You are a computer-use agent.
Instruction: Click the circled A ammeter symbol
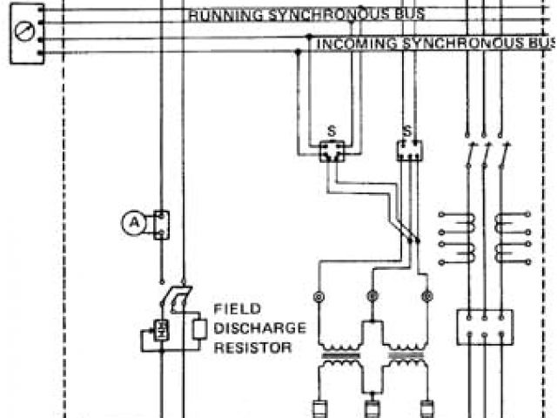pyautogui.click(x=133, y=223)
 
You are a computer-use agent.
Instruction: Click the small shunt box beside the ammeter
pyautogui.click(x=160, y=224)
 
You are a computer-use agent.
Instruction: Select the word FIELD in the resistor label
pyautogui.click(x=234, y=308)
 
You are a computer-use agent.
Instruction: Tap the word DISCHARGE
pyautogui.click(x=259, y=328)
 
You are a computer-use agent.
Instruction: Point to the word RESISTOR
pyautogui.click(x=252, y=347)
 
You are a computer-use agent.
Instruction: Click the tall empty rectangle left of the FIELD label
pyautogui.click(x=200, y=329)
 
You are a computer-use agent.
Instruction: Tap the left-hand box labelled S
pyautogui.click(x=331, y=150)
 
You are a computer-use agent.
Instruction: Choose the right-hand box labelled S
pyautogui.click(x=409, y=150)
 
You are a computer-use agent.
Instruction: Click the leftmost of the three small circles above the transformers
pyautogui.click(x=318, y=297)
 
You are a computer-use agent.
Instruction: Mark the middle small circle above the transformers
pyautogui.click(x=372, y=297)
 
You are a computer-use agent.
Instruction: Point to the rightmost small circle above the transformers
pyautogui.click(x=426, y=297)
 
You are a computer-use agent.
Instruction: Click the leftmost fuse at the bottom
pyautogui.click(x=318, y=408)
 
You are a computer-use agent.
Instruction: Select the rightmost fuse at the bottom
pyautogui.click(x=426, y=408)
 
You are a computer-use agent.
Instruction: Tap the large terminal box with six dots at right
pyautogui.click(x=485, y=326)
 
